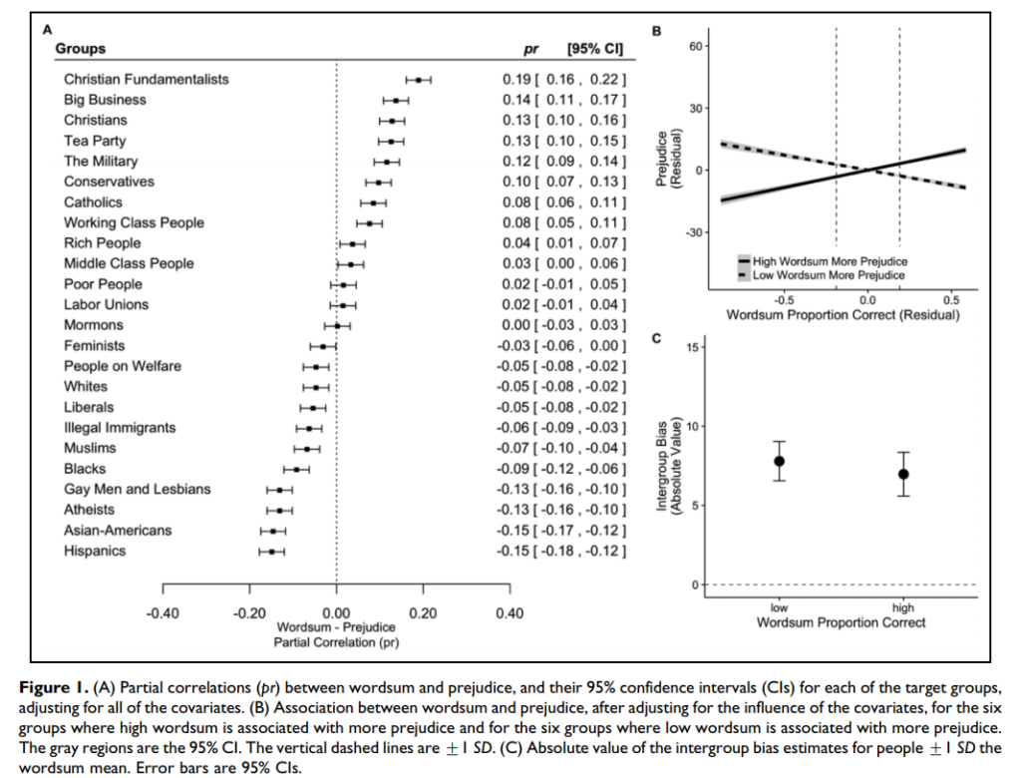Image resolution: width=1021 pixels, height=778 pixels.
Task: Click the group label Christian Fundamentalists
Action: (147, 80)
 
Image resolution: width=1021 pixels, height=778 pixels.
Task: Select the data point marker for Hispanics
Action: (271, 552)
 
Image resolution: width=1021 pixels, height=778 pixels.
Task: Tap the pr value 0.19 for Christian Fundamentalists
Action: (515, 80)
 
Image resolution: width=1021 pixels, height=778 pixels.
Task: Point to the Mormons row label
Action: (94, 325)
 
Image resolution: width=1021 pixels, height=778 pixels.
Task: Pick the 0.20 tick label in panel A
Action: (423, 613)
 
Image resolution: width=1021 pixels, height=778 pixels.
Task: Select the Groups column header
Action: (80, 49)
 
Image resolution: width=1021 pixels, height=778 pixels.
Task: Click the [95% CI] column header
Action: (594, 49)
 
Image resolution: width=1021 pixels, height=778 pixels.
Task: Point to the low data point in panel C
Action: (779, 462)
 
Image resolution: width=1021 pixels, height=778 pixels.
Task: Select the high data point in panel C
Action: (903, 474)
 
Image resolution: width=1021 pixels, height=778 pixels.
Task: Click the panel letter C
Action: (656, 338)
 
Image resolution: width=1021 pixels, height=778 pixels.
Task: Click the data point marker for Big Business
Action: (395, 101)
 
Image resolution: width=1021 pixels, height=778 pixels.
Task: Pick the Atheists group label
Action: (89, 510)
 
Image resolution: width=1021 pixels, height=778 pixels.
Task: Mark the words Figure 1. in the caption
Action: (54, 688)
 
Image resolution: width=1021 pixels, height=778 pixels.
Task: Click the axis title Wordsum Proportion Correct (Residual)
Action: (843, 315)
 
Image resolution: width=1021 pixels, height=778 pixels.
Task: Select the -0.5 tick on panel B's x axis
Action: (784, 300)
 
